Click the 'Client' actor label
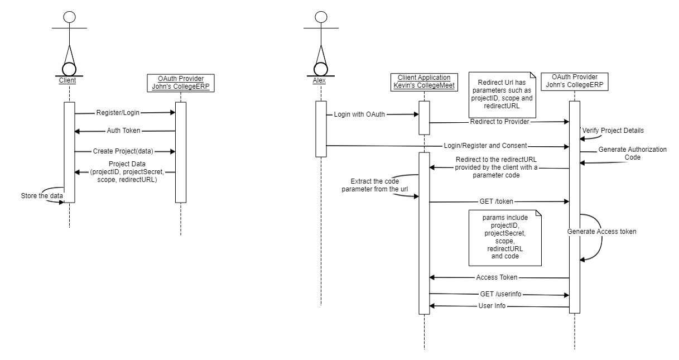[x=68, y=80]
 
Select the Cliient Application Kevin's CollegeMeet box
[x=425, y=81]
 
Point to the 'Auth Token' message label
[x=124, y=131]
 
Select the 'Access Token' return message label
[x=497, y=277]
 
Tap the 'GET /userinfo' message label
[x=500, y=294]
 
